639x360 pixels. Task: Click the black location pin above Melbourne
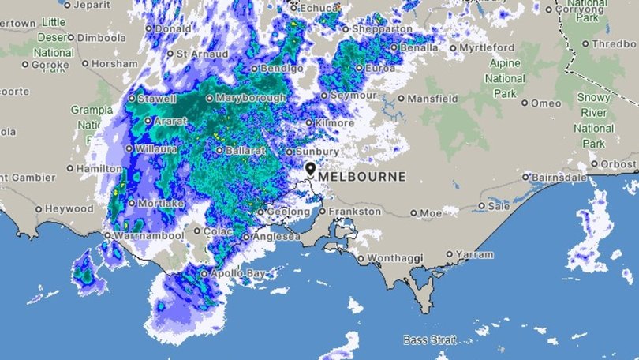(310, 170)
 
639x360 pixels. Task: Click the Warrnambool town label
(143, 235)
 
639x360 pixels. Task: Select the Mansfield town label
(433, 99)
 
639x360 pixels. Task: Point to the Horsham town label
(114, 63)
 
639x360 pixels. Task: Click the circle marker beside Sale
(482, 206)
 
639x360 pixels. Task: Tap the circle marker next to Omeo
(525, 103)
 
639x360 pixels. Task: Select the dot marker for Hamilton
(70, 168)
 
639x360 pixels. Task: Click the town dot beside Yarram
(450, 254)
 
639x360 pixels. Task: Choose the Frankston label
(353, 212)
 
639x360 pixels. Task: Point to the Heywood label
(69, 209)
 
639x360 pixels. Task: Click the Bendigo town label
(282, 69)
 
